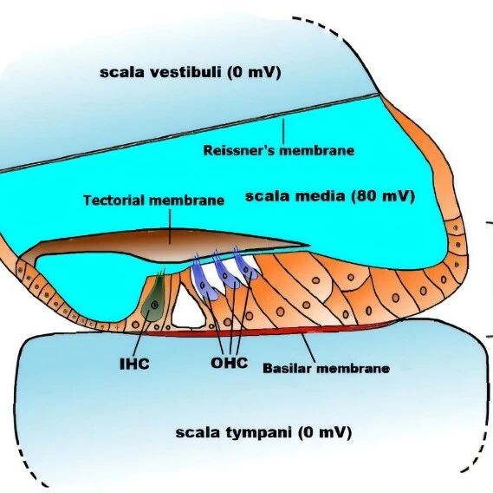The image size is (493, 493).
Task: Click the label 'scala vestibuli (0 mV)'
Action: click(191, 72)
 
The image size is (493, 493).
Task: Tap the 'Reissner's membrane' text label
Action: click(279, 150)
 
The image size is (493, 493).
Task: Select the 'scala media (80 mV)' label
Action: click(330, 196)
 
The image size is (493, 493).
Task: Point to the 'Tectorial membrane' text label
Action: click(153, 200)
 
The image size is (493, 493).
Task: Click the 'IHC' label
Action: click(134, 364)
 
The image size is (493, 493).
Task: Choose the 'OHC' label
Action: click(230, 363)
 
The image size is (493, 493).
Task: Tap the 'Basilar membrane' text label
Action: click(327, 368)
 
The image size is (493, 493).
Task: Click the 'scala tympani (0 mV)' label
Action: click(263, 432)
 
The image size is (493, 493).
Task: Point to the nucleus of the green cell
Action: click(154, 305)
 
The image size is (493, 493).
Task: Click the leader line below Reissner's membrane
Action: click(283, 130)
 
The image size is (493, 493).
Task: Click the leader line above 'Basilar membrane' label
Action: click(308, 348)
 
